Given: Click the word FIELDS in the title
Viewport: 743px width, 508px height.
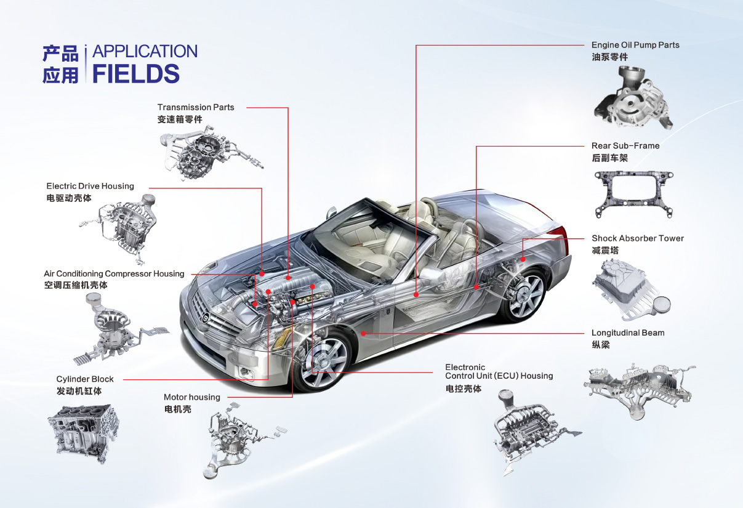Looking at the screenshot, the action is (x=136, y=74).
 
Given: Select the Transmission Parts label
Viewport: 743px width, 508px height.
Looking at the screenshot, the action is (x=196, y=108).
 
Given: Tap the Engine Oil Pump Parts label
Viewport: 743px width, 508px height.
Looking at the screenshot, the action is (x=635, y=45).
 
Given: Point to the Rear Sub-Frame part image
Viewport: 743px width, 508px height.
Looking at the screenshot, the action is (x=634, y=194).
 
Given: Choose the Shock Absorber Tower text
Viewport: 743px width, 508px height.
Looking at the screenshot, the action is (x=638, y=238).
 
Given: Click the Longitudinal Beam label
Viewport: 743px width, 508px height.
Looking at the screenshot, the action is (x=628, y=333).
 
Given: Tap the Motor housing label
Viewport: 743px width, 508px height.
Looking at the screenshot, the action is (x=191, y=397).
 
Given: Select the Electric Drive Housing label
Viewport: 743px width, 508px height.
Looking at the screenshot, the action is (x=90, y=186).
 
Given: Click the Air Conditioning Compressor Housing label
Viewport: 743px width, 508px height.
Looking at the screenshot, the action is (x=114, y=274).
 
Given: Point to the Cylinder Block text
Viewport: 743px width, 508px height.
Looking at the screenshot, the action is (x=85, y=379).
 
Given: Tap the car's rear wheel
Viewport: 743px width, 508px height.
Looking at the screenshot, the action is (x=523, y=296).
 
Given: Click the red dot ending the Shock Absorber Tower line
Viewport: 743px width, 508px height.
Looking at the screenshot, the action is (x=523, y=259).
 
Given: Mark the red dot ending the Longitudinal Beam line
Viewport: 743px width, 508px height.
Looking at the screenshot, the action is (x=364, y=333).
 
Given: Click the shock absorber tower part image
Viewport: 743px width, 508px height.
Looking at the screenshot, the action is (x=630, y=289).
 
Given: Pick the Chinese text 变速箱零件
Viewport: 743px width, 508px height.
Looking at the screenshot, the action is (x=180, y=119).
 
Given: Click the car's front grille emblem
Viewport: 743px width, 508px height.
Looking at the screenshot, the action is (x=205, y=317).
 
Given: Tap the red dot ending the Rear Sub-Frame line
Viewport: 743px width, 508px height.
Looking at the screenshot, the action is (x=476, y=287).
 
